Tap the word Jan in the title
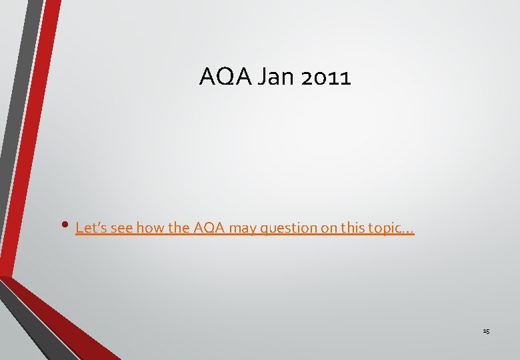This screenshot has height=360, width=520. pos(273,78)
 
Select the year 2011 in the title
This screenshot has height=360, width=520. pos(324,78)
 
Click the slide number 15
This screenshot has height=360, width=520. pos(486,331)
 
